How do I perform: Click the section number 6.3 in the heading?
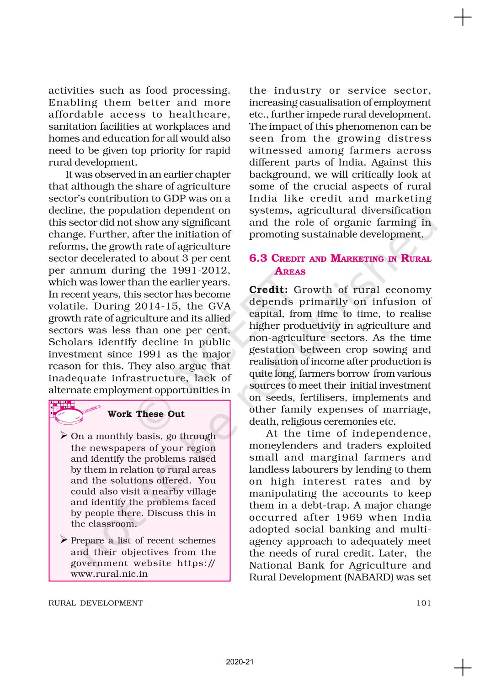coord(258,258)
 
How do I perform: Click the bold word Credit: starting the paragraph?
coord(268,290)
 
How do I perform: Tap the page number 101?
coord(424,603)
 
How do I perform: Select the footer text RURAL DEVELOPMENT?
coord(96,603)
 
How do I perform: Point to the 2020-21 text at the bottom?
coord(240,662)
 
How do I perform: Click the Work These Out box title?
coord(146,414)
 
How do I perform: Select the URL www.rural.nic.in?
coord(109,574)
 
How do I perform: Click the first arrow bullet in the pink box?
coord(64,436)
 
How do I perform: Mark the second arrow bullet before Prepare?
coord(64,540)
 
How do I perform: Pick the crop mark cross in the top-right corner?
coord(463,18)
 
